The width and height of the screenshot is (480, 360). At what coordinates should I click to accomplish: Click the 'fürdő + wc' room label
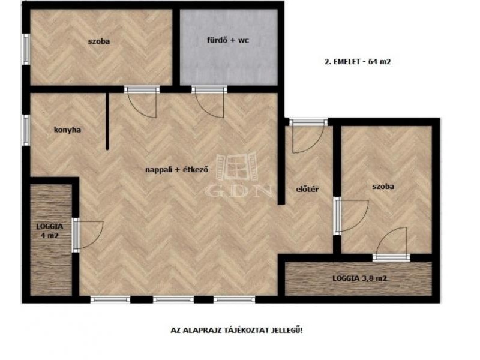point(228,40)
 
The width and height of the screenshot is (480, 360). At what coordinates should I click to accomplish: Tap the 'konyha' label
point(67,130)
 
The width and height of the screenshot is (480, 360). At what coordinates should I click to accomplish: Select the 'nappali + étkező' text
point(176,169)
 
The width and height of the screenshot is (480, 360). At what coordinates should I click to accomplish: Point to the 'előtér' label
point(307,189)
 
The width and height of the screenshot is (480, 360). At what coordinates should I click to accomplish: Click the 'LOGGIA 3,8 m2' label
point(359,278)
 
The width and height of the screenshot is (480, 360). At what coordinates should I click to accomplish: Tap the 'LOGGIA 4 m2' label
point(50,231)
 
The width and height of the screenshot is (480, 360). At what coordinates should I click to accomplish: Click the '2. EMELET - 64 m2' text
point(358,62)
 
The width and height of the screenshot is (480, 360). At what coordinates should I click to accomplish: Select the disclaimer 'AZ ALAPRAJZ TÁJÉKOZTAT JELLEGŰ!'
point(236,331)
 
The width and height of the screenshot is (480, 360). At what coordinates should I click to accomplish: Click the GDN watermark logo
point(238,175)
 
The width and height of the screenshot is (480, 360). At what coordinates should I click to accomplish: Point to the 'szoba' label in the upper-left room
point(99,41)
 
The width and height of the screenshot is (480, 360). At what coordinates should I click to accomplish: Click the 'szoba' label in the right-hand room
point(383,187)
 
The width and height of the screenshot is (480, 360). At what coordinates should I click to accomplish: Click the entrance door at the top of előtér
point(307,136)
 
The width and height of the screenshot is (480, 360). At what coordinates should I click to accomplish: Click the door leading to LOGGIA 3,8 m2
point(392,244)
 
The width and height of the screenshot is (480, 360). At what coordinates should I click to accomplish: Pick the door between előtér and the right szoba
point(352,216)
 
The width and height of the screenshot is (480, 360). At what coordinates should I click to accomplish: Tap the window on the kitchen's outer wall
point(26,130)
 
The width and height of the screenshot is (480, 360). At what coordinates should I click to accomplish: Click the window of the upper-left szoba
point(26,49)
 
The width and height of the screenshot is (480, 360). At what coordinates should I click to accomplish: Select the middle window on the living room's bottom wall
point(173,299)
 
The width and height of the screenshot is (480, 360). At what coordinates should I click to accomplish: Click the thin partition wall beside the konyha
point(107,121)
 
